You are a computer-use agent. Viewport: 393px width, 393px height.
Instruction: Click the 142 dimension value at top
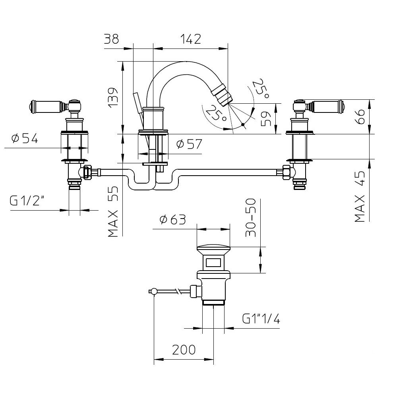tap(190, 39)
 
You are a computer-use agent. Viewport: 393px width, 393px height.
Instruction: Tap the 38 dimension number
tap(112, 39)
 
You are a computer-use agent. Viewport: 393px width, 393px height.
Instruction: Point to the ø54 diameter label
tap(25, 138)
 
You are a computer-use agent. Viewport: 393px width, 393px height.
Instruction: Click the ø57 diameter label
tap(189, 144)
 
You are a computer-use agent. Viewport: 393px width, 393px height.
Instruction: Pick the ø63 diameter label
tap(173, 220)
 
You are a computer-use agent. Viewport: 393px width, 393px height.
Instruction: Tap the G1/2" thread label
tap(27, 201)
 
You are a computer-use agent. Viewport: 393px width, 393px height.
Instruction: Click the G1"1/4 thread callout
tap(261, 319)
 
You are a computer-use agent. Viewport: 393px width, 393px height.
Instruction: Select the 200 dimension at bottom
tap(184, 350)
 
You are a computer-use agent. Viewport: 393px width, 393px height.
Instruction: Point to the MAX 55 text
tap(113, 211)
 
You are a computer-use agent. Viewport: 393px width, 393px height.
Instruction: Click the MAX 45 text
tap(360, 196)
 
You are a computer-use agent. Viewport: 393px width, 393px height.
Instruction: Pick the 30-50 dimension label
tap(251, 217)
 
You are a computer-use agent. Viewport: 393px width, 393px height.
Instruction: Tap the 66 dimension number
tap(360, 116)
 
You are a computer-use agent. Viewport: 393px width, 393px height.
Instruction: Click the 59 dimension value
tap(266, 119)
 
